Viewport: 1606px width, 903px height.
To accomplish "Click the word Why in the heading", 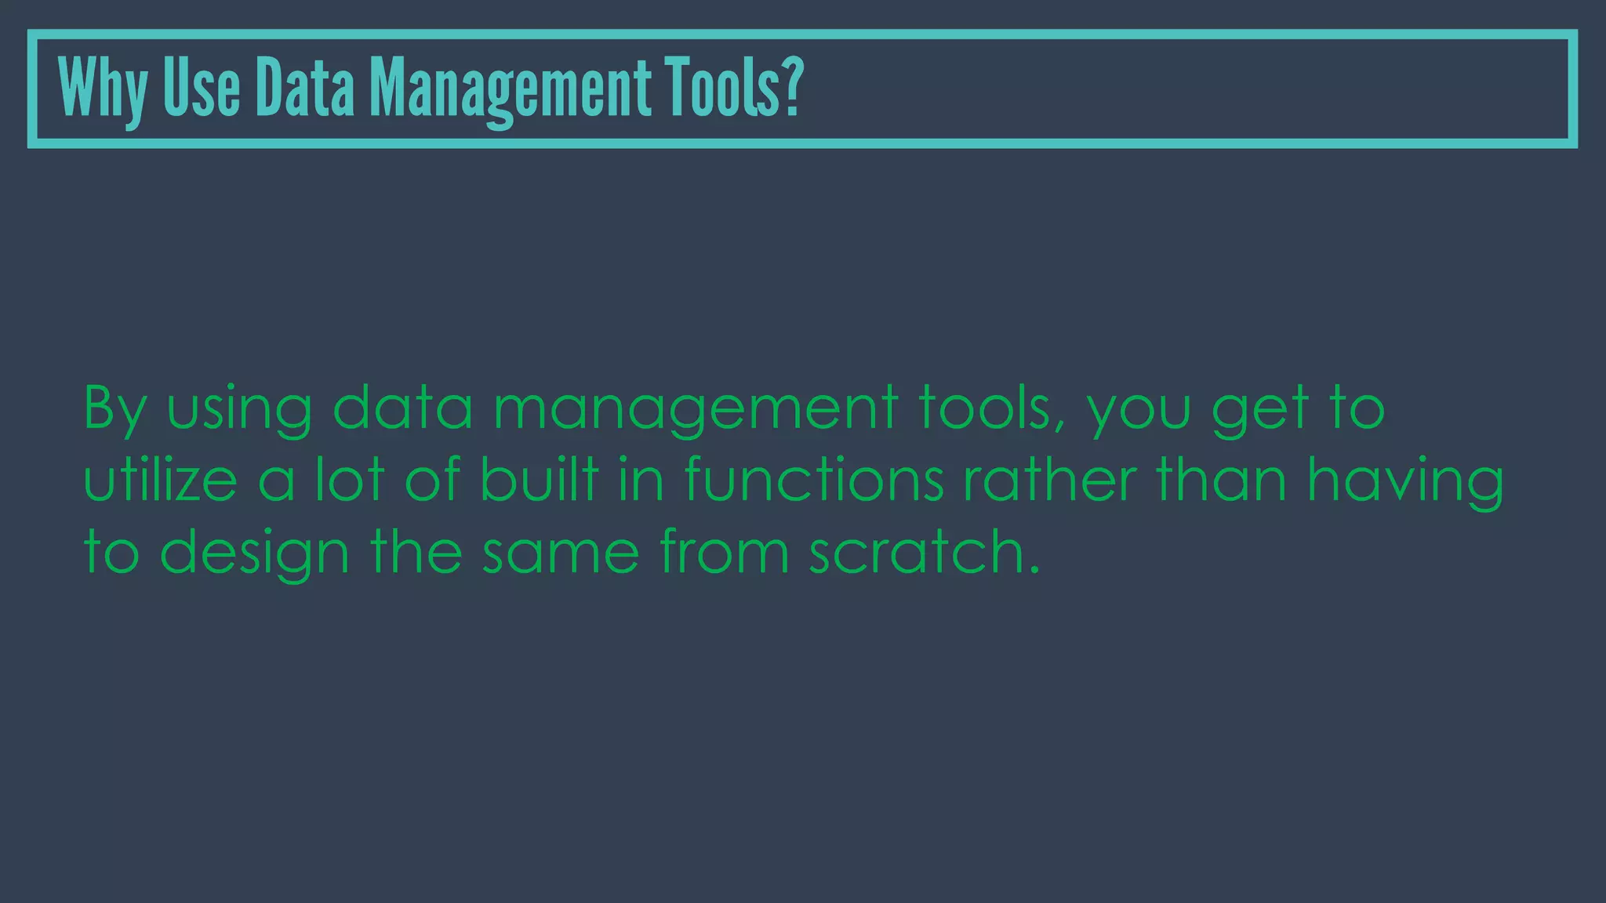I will tap(102, 89).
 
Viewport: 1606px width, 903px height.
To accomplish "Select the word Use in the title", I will tap(202, 88).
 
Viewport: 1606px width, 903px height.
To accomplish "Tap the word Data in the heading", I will tap(305, 88).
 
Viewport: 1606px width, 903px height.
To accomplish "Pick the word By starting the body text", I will tap(114, 409).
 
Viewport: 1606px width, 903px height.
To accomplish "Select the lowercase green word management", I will tap(696, 409).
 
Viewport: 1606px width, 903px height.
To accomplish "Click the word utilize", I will tap(160, 480).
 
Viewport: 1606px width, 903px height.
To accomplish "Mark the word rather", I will tap(1050, 480).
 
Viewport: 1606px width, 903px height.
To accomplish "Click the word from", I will tap(724, 552).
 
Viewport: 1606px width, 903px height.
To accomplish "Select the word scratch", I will tap(917, 552).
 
